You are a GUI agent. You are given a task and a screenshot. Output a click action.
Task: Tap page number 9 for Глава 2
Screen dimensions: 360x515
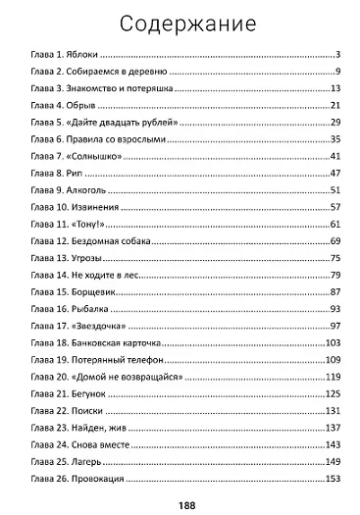click(x=336, y=73)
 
